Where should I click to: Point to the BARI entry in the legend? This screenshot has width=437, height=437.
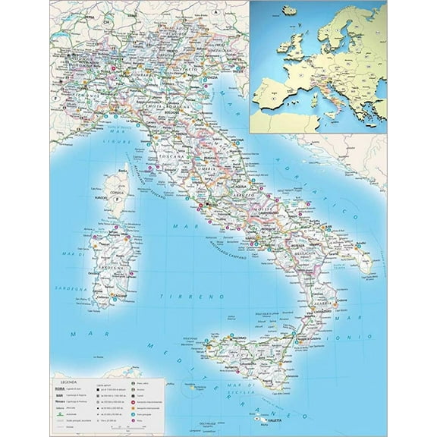point(58,396)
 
